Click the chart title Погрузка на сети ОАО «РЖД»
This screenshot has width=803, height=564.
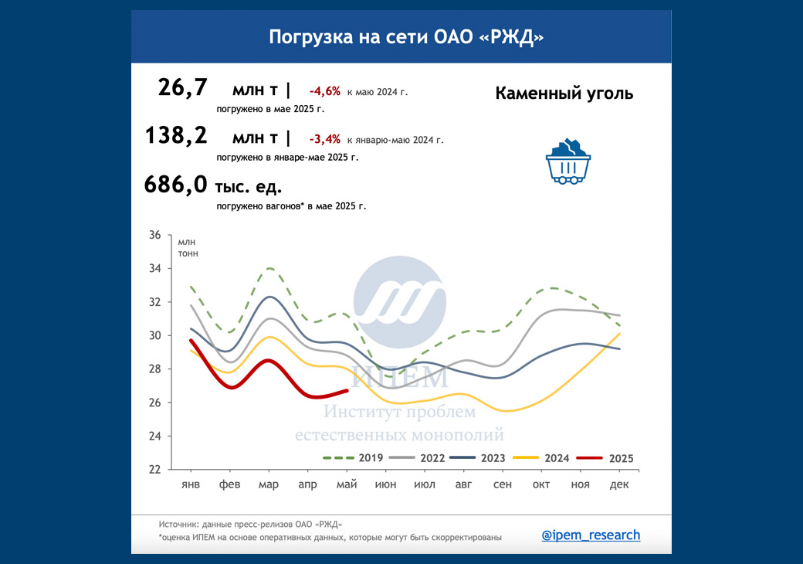[x=401, y=37]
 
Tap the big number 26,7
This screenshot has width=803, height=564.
[x=183, y=88]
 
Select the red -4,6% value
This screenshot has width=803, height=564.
[x=324, y=91]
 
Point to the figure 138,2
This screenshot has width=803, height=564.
[x=177, y=136]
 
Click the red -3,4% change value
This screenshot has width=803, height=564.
[x=324, y=140]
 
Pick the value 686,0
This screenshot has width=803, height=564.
[x=176, y=185]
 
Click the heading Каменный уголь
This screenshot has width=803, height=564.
[x=564, y=93]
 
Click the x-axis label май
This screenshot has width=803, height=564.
[x=347, y=484]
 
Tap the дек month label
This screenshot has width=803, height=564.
[x=618, y=484]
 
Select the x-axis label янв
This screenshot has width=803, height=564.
[x=191, y=484]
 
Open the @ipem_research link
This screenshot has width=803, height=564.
[x=591, y=535]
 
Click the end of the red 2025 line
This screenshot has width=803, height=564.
[x=347, y=391]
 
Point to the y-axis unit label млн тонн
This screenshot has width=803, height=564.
[x=188, y=247]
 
